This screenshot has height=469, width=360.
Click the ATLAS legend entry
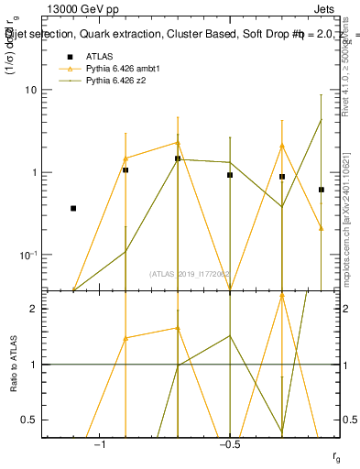tap(98, 56)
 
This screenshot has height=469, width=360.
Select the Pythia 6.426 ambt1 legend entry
tap(125, 69)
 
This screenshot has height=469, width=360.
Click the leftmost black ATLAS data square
tap(73, 209)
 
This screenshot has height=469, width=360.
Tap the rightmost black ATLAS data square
tap(322, 190)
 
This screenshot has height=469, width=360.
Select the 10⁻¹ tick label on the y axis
tap(30, 254)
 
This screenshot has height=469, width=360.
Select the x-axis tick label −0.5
tap(228, 446)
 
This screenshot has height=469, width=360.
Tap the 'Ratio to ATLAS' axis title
tap(13, 364)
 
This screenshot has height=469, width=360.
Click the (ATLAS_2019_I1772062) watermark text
tap(191, 273)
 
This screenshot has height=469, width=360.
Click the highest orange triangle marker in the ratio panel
tap(178, 328)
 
